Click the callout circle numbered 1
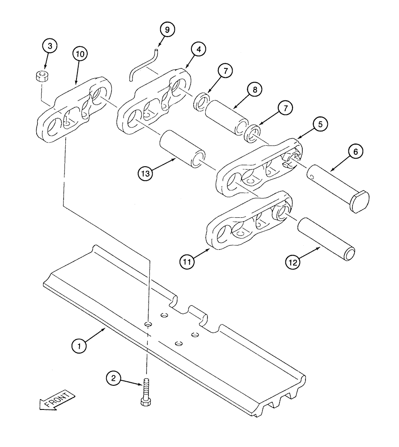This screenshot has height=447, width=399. (x=79, y=345)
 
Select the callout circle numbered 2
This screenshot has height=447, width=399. (x=114, y=379)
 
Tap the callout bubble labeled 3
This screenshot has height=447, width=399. (x=50, y=46)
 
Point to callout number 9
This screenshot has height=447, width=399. (x=167, y=30)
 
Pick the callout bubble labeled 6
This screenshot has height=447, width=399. (x=355, y=152)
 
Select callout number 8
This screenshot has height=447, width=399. (x=254, y=90)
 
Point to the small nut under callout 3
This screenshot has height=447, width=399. (x=42, y=76)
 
